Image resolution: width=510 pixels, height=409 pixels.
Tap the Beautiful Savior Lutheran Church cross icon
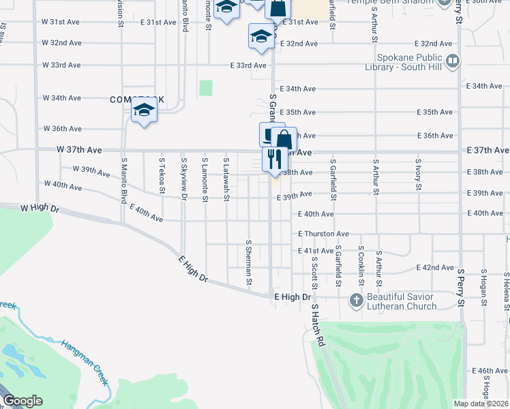point(355,300)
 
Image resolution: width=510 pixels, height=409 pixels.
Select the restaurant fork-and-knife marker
point(272,160)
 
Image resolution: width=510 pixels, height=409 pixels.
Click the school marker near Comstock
point(144,110)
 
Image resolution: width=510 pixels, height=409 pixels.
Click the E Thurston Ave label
point(323,234)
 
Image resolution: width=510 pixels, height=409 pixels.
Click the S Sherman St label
point(249,262)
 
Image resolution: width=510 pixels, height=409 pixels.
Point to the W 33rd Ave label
point(61,65)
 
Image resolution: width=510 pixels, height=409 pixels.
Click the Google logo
point(23,401)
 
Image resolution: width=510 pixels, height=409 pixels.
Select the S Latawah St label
point(226,180)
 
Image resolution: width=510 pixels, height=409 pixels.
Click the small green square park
point(206,88)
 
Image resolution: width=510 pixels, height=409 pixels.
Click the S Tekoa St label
point(162,177)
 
